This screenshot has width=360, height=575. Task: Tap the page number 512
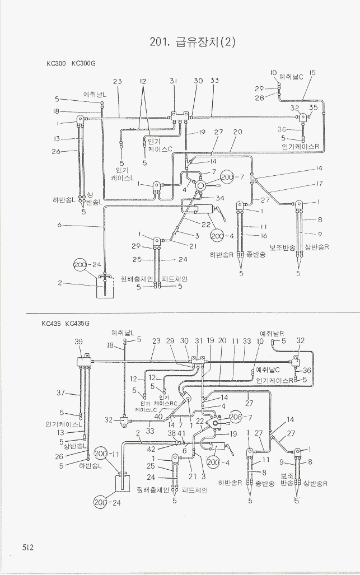coord(29,546)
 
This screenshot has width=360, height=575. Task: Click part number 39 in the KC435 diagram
coord(79,342)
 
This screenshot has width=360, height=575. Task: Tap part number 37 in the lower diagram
coord(60,392)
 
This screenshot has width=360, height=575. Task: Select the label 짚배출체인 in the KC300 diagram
coord(137,279)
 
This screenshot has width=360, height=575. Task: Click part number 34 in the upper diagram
coord(221,198)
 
